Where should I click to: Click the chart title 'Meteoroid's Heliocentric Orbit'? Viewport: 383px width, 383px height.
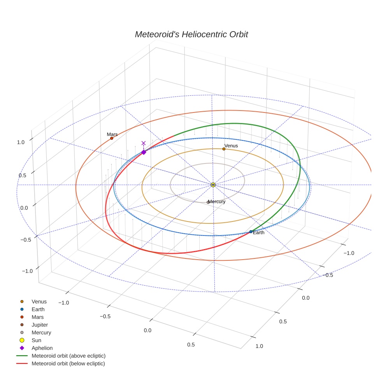click(191, 34)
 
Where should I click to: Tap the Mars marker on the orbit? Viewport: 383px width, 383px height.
click(112, 138)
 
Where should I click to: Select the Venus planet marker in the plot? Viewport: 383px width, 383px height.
click(224, 149)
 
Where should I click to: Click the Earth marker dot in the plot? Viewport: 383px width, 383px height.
click(251, 232)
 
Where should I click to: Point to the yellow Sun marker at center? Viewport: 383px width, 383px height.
click(213, 184)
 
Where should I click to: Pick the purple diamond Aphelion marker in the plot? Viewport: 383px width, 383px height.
click(144, 152)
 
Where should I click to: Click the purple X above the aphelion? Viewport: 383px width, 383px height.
click(143, 143)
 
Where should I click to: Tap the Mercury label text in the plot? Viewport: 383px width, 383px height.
click(217, 202)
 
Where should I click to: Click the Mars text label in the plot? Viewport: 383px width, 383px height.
click(112, 134)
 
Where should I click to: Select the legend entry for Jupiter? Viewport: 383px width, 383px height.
click(34, 325)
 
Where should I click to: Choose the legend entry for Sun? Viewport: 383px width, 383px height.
click(30, 340)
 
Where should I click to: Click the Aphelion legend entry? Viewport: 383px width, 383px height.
click(36, 348)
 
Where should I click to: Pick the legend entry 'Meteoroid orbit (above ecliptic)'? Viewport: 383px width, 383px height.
click(61, 356)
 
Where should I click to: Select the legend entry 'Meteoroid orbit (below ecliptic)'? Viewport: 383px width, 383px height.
click(61, 364)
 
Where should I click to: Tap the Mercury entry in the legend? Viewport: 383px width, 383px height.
click(35, 333)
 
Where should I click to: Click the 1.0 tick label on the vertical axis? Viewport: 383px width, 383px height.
click(21, 142)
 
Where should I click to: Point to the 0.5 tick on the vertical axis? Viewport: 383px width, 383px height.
click(23, 176)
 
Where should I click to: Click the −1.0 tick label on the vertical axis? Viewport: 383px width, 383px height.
click(27, 271)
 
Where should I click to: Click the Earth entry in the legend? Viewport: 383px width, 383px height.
click(32, 309)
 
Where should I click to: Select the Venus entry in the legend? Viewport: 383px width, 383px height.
click(33, 302)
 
